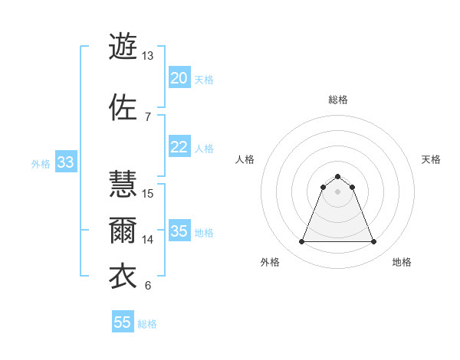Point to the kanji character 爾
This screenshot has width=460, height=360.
coord(123,230)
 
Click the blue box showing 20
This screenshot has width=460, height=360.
coord(179,78)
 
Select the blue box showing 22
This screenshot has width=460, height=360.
coord(179,147)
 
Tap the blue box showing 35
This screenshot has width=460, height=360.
coord(179,231)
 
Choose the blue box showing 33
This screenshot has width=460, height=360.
coord(65,162)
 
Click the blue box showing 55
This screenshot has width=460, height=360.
coord(123,322)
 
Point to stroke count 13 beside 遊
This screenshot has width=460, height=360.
coord(147,56)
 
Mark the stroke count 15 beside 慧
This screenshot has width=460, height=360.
coord(149,193)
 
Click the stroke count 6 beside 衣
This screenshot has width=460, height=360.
coord(147,286)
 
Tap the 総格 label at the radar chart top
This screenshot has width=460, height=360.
coord(337,100)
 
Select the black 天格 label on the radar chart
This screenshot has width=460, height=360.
coord(431,159)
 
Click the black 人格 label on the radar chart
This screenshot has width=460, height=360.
coord(245,159)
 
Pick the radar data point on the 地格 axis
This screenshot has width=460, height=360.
coord(374,242)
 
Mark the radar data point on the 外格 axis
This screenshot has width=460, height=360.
coord(301,242)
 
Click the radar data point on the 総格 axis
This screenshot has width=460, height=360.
coord(337,176)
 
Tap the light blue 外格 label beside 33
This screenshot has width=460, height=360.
coord(41,163)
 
